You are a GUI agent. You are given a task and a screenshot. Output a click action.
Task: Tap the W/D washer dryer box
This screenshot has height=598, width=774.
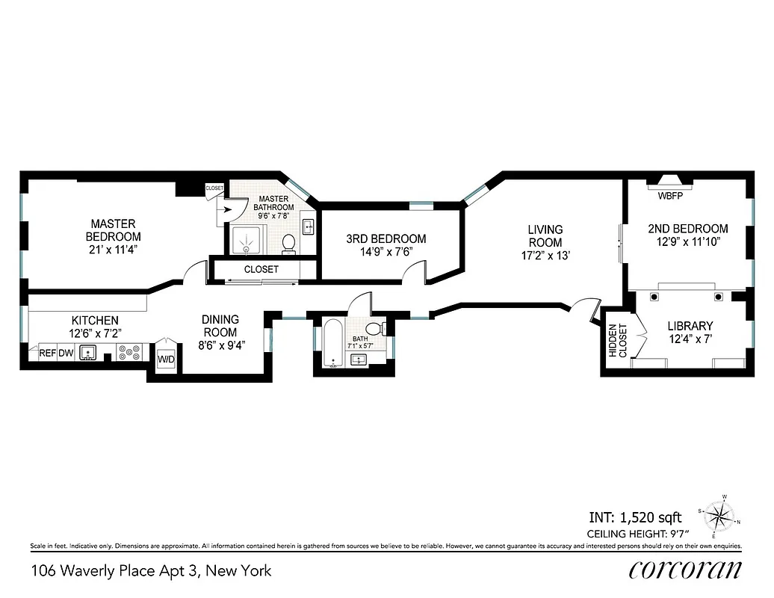pyautogui.click(x=165, y=360)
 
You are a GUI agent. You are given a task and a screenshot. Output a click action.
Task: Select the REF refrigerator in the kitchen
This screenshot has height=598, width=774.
pyautogui.click(x=48, y=354)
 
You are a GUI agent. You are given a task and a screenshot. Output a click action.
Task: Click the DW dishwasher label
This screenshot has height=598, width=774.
pyautogui.click(x=66, y=354)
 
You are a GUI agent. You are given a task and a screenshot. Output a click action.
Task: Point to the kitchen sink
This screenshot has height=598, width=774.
pyautogui.click(x=90, y=353)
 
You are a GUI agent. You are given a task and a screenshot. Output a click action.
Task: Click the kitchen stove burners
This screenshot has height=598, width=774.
pyautogui.click(x=128, y=353)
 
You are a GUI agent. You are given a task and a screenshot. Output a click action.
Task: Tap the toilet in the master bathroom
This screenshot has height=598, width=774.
pyautogui.click(x=289, y=243)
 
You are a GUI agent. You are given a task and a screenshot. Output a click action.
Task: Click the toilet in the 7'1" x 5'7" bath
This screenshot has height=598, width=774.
pyautogui.click(x=378, y=328)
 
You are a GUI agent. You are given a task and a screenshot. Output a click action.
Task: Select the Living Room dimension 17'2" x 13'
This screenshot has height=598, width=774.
pyautogui.click(x=545, y=256)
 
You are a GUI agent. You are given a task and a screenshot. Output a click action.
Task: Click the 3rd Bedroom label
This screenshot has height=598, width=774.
pyautogui.click(x=386, y=239)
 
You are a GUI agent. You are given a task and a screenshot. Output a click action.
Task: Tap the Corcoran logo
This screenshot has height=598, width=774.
pyautogui.click(x=684, y=570)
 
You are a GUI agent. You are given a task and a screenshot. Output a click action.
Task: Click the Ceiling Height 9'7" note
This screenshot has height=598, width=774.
pyautogui.click(x=637, y=533)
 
